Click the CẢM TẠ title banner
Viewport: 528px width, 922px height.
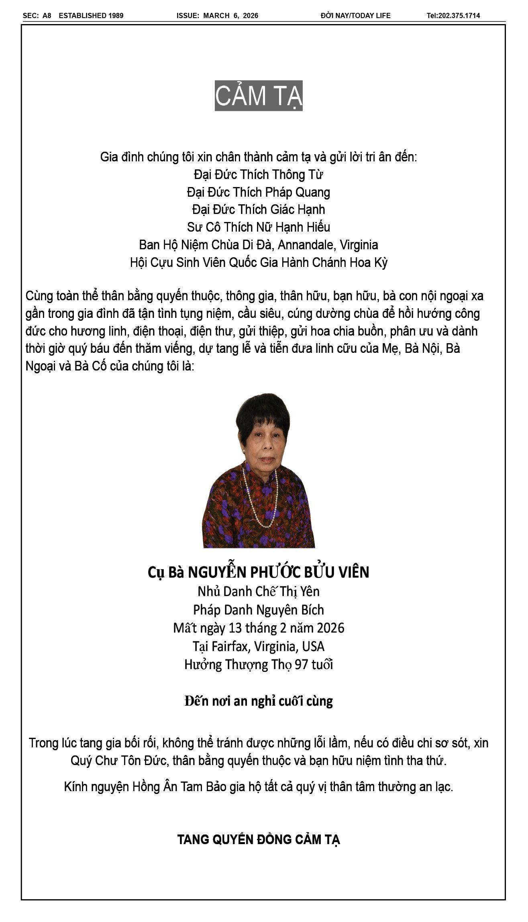[259, 96]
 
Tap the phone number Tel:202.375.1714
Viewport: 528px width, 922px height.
[453, 16]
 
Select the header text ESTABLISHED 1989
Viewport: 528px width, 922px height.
[91, 16]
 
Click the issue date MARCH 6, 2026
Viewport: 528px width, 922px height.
[230, 16]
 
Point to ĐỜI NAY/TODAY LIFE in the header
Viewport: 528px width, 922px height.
[355, 16]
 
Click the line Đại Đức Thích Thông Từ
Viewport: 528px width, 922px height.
[259, 175]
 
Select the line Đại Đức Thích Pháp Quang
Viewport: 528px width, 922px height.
[259, 192]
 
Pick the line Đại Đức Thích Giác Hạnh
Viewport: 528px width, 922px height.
[259, 210]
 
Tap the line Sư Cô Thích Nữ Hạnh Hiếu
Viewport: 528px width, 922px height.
[259, 227]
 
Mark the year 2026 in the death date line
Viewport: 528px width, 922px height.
[330, 628]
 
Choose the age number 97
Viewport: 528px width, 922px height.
[302, 665]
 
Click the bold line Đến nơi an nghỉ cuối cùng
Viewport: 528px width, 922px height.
[259, 701]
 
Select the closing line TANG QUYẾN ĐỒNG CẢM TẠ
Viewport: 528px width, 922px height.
[259, 839]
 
